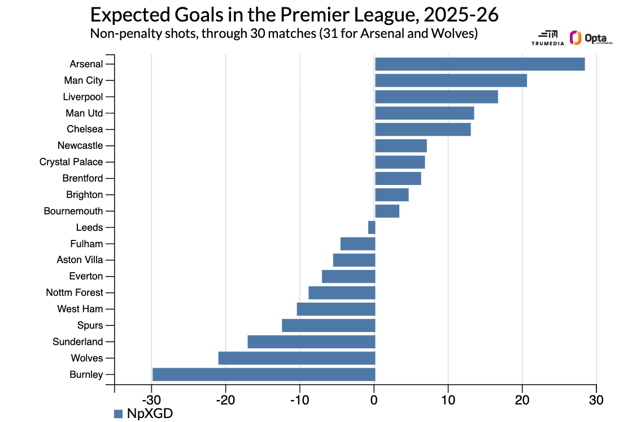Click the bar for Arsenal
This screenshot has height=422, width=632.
(480, 64)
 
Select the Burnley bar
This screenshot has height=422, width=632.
(264, 374)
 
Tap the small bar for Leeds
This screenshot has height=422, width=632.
(372, 227)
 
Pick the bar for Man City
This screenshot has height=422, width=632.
(451, 80)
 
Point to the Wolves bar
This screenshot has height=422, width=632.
(297, 358)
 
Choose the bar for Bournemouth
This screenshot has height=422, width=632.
(387, 211)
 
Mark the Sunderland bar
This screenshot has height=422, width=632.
(311, 342)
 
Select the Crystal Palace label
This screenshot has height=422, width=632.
(71, 162)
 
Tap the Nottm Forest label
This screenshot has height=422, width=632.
(75, 292)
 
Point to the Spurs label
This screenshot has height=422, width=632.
(90, 325)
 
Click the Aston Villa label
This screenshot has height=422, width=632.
(80, 260)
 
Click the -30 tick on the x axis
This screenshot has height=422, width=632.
(151, 400)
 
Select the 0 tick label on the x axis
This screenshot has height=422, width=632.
(374, 400)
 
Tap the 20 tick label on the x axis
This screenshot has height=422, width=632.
(522, 400)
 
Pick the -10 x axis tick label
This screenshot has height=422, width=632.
(299, 400)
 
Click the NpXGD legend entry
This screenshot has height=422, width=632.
(143, 414)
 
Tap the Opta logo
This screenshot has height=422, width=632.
(591, 38)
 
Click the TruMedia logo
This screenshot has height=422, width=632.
(548, 38)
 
